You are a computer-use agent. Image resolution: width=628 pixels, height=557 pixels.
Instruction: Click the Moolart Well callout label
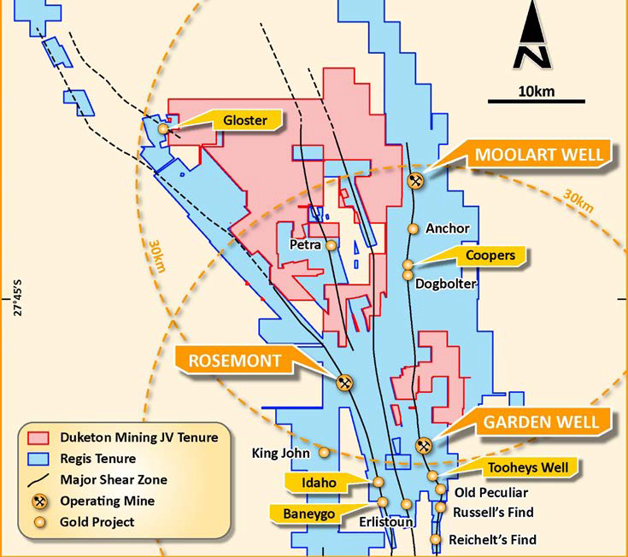tap(539, 155)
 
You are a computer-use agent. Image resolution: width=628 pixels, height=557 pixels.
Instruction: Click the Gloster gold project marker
tap(163, 128)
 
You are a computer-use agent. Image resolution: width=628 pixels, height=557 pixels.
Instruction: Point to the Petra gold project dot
tap(332, 245)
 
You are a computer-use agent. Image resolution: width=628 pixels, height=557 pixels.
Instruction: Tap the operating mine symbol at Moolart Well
tap(416, 180)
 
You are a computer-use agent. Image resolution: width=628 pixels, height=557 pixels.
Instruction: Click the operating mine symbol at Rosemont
tap(345, 383)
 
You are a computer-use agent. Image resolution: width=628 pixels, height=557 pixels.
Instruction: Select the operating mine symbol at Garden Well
tap(422, 445)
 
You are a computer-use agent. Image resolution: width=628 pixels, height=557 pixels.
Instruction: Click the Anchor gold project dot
tap(413, 229)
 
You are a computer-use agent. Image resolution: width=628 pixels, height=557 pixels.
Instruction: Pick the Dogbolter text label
tap(445, 284)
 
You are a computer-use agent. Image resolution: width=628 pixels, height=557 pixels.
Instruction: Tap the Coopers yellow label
tap(490, 255)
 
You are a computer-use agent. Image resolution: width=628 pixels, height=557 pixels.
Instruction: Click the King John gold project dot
tap(324, 451)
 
